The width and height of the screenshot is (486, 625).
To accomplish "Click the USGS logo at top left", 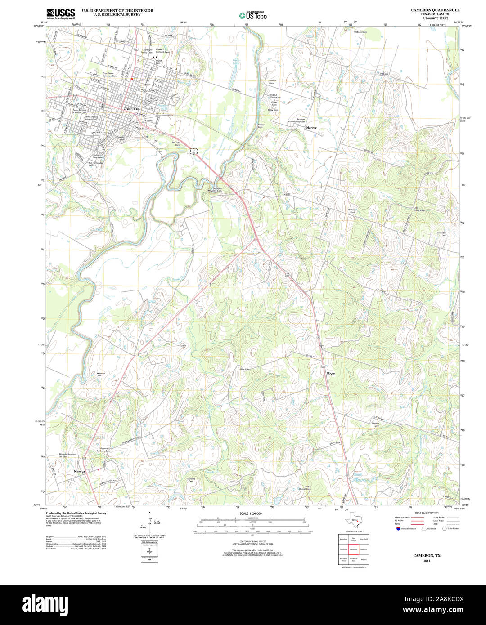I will [60, 13].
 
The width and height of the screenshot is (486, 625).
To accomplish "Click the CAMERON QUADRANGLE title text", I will [435, 10].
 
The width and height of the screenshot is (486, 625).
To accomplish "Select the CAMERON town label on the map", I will [132, 109].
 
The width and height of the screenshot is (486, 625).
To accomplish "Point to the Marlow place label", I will [311, 128].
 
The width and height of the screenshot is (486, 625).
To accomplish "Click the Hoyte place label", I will [331, 373].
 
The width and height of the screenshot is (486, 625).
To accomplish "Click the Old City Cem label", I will [176, 144].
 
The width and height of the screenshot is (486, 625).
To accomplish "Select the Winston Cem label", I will [101, 374].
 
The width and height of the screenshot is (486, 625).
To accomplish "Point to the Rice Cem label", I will [244, 369].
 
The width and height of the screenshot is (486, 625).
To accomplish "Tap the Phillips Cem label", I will [352, 210].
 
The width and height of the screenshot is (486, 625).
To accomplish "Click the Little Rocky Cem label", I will [419, 209].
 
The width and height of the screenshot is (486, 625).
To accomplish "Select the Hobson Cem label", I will [360, 32].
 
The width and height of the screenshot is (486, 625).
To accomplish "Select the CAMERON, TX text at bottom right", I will [427, 556].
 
